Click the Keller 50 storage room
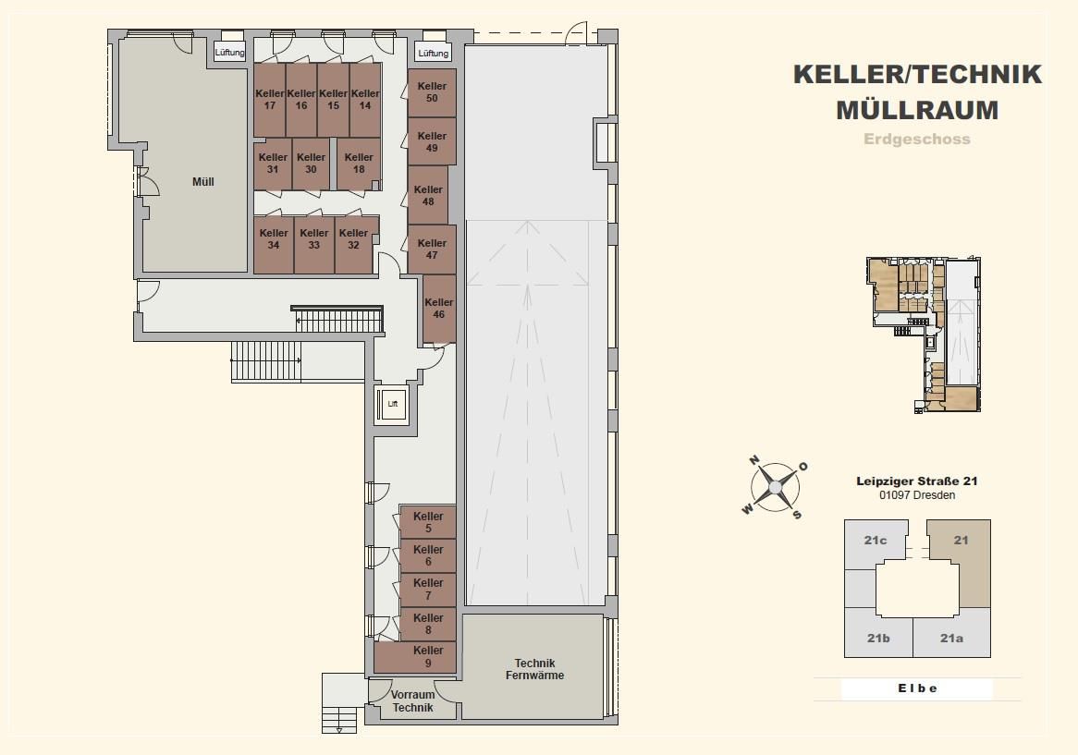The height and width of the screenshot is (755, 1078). [432, 92]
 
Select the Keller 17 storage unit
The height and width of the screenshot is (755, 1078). [270, 100]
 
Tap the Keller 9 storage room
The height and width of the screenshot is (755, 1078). [414, 657]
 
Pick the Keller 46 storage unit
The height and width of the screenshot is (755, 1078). [438, 309]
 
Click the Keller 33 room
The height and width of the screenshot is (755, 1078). [314, 245]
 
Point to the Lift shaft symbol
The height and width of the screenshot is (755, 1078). [393, 404]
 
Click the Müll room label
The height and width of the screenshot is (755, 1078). [202, 182]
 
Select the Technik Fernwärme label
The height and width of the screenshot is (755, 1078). [535, 669]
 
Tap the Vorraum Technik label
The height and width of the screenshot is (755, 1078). [412, 700]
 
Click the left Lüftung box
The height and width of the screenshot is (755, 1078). [229, 52]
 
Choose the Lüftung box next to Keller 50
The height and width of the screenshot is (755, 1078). [433, 53]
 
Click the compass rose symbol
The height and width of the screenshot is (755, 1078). [775, 486]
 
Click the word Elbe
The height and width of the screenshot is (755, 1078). [917, 688]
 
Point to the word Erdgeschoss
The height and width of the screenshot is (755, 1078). [917, 139]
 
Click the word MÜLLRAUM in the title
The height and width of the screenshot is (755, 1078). [917, 110]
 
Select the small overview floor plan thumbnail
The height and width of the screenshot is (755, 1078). [924, 335]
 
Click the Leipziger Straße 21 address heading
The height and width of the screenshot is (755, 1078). [917, 481]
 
